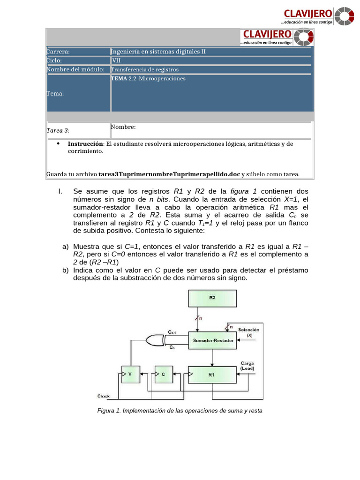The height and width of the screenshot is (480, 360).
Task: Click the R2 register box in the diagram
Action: tap(212, 297)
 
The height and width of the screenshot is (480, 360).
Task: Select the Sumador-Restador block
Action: tap(213, 341)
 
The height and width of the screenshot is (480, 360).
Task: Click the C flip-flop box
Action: tap(164, 375)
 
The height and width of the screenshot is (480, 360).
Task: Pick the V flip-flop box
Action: tap(130, 375)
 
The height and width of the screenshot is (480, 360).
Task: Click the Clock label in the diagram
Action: tap(104, 396)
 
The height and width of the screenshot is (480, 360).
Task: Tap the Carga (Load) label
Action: tap(247, 366)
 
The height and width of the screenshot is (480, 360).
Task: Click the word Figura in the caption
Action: tap(106, 411)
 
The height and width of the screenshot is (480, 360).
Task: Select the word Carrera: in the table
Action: tap(58, 52)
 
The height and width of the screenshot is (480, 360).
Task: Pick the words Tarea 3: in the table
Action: tap(58, 131)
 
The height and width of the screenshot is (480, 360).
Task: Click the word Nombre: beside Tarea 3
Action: tap(123, 127)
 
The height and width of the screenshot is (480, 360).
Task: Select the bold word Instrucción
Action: tap(85, 144)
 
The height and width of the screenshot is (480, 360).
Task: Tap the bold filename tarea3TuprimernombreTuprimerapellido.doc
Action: tap(169, 174)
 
